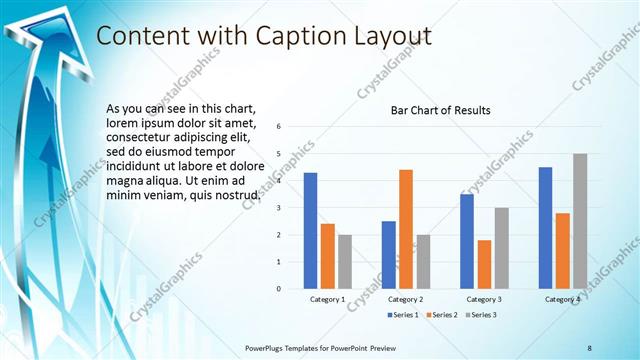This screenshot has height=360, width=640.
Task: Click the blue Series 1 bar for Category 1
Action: (310, 231)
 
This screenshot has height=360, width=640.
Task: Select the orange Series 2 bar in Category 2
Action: (406, 229)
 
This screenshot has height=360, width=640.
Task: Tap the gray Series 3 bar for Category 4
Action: (580, 221)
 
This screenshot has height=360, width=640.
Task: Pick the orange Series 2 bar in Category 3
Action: (484, 264)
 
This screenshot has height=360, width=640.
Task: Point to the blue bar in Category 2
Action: (388, 254)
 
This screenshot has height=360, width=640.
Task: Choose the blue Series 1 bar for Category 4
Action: (545, 228)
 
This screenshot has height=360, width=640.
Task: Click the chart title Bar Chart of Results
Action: (440, 110)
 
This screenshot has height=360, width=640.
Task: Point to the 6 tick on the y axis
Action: (279, 126)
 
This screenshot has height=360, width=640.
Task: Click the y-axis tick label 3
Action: (279, 208)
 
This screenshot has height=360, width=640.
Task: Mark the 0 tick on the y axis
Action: (279, 289)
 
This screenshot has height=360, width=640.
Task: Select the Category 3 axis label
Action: (484, 300)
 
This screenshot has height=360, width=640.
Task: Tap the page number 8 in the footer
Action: (589, 347)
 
